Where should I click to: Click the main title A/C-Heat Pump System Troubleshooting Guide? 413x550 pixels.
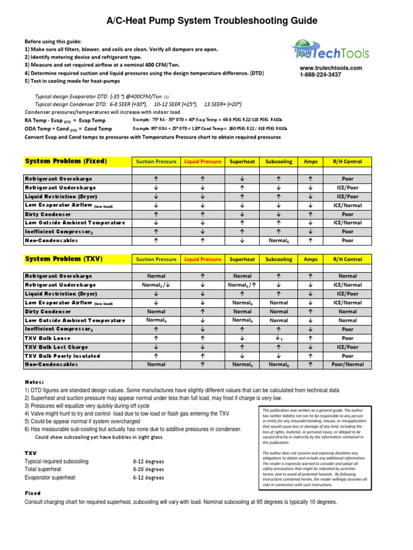[x=206, y=21]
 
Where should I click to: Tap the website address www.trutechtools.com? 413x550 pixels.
[x=331, y=68]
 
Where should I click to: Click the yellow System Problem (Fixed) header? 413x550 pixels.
[x=66, y=161]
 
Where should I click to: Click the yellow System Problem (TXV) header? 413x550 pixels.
[x=64, y=259]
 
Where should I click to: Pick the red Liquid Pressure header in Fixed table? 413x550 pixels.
[x=203, y=162]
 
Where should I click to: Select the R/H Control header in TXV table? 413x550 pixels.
[x=347, y=259]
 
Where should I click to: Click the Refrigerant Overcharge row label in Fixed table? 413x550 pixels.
[x=59, y=179]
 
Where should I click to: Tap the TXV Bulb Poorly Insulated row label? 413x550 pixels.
[x=62, y=356]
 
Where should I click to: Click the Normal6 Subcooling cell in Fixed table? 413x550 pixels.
[x=279, y=241]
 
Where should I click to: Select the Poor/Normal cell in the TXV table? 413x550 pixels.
[x=347, y=365]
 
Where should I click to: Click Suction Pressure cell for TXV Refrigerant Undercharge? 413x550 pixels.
[x=156, y=285]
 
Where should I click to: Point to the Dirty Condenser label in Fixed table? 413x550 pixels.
[x=48, y=214]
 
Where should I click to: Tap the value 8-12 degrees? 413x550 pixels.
[x=148, y=461]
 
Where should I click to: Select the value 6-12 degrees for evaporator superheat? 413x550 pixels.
[x=148, y=477]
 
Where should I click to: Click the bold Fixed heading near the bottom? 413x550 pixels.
[x=33, y=493]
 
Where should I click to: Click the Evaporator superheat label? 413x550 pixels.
[x=50, y=477]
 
